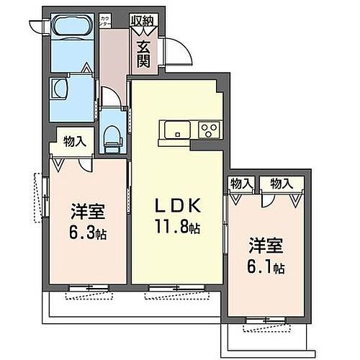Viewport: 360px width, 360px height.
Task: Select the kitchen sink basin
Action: click(176, 130)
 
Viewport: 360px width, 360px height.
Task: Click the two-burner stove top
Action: click(209, 130)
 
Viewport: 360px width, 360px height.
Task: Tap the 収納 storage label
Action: click(143, 20)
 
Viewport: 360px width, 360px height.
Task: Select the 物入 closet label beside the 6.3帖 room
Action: click(74, 142)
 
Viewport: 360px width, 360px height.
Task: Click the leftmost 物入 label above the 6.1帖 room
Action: click(240, 184)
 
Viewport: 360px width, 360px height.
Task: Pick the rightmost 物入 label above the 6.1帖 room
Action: click(280, 184)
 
